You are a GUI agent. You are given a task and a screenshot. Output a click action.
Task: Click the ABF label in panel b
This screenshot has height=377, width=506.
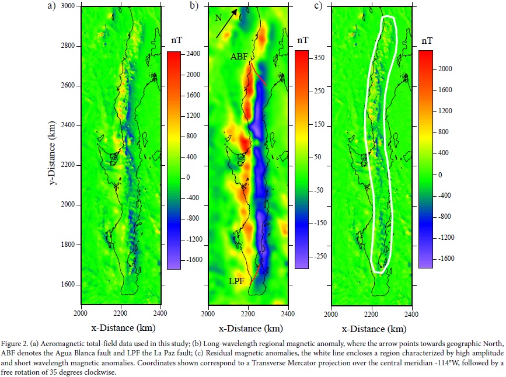(239, 57)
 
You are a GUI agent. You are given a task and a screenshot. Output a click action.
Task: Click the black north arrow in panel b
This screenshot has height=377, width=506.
(227, 23)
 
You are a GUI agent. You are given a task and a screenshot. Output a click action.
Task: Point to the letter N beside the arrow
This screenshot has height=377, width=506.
(217, 18)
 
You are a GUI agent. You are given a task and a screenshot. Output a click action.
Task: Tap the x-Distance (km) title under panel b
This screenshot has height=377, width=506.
(248, 329)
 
